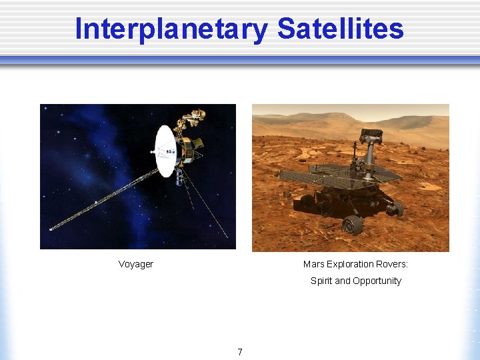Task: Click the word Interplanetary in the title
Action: tap(171, 29)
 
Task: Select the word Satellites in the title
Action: tap(340, 29)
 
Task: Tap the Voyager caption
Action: tap(135, 264)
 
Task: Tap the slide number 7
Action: tap(240, 352)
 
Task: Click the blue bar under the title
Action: tap(240, 60)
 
